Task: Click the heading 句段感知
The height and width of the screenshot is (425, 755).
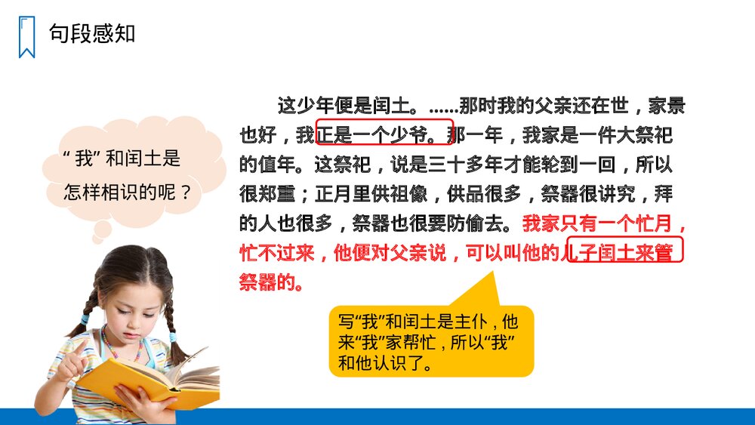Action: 92,34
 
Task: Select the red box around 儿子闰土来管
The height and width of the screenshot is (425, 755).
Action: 624,250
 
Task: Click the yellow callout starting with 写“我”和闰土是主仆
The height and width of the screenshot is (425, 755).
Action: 430,341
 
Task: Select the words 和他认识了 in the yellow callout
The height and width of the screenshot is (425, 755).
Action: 385,363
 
